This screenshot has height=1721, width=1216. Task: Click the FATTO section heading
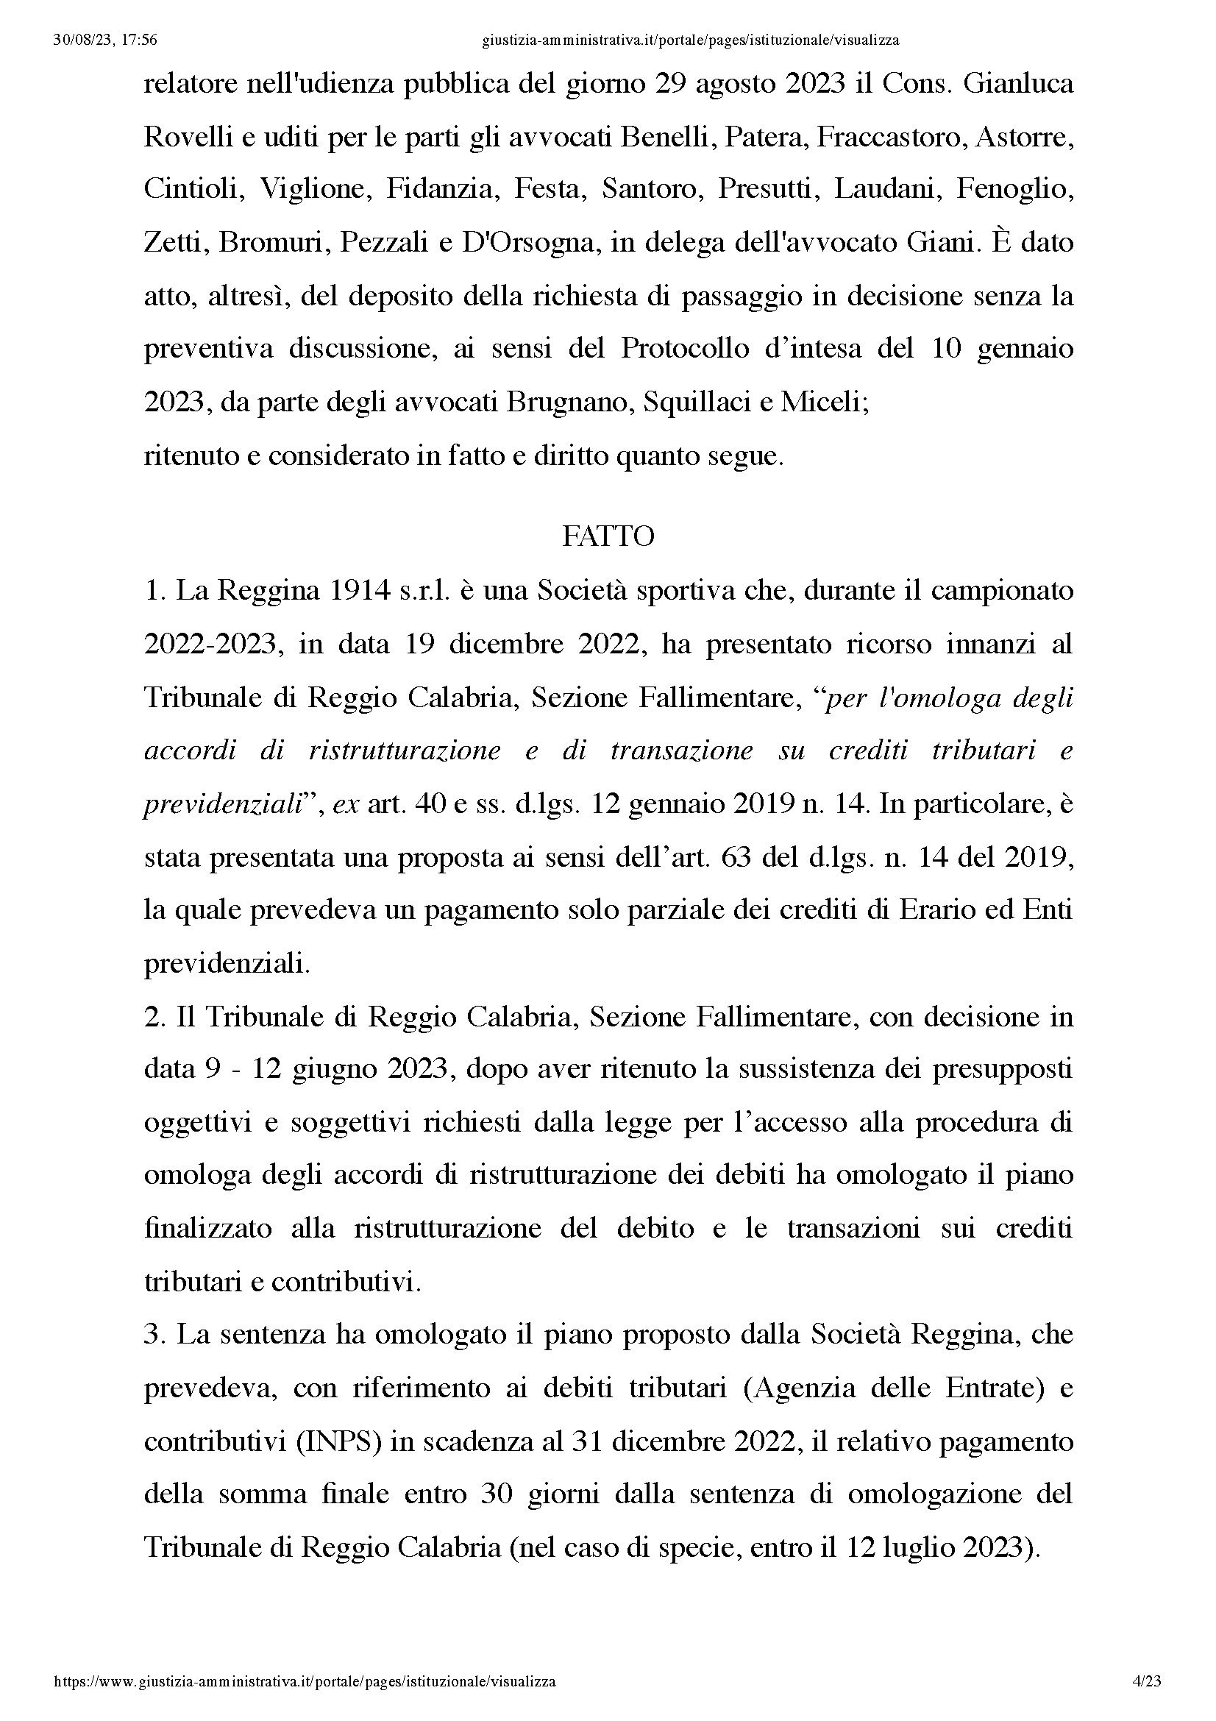coord(608,536)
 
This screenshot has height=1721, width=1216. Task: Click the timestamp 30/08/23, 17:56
coord(106,40)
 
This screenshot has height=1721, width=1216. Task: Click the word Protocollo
coord(684,349)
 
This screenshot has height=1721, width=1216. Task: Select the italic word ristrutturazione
coord(405,751)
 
